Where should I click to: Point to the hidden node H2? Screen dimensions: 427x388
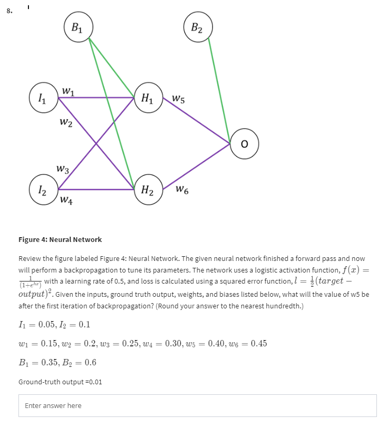[147, 190]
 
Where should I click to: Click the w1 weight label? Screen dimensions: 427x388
[68, 90]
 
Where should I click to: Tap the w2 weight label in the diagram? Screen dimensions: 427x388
[66, 123]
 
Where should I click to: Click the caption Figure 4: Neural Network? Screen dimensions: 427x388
[60, 239]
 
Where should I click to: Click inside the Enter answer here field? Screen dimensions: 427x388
[198, 405]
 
